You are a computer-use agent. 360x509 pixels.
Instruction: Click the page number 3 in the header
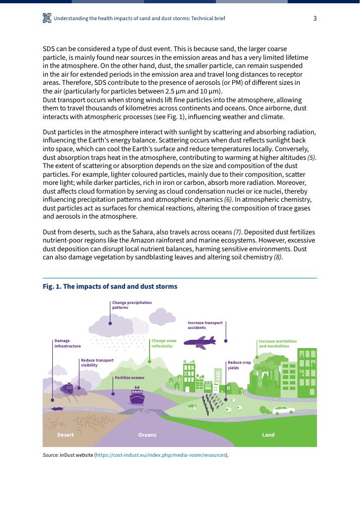[315, 18]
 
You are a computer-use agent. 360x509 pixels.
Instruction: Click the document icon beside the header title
[47, 18]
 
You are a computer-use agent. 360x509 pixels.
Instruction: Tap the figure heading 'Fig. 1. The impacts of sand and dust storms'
[110, 287]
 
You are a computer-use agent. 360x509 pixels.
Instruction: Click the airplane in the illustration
[200, 342]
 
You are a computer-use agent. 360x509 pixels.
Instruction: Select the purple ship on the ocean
[137, 396]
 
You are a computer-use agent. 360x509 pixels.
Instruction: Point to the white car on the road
[283, 410]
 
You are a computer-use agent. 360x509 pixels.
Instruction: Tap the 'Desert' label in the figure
[65, 435]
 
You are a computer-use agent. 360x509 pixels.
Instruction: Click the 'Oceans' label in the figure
[147, 435]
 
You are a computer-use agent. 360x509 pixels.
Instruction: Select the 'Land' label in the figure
[268, 435]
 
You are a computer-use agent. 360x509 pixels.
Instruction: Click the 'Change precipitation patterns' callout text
[132, 305]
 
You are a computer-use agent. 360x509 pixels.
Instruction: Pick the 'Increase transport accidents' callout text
[205, 325]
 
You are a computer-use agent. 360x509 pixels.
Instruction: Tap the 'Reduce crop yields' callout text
[239, 365]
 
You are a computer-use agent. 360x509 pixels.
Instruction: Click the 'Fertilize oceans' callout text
[129, 377]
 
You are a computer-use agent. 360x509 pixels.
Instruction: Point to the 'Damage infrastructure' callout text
[67, 343]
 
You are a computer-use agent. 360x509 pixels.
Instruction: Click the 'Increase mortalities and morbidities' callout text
[277, 343]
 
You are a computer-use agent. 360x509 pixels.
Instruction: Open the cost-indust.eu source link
[162, 455]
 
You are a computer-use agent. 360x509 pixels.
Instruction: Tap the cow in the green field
[191, 406]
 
